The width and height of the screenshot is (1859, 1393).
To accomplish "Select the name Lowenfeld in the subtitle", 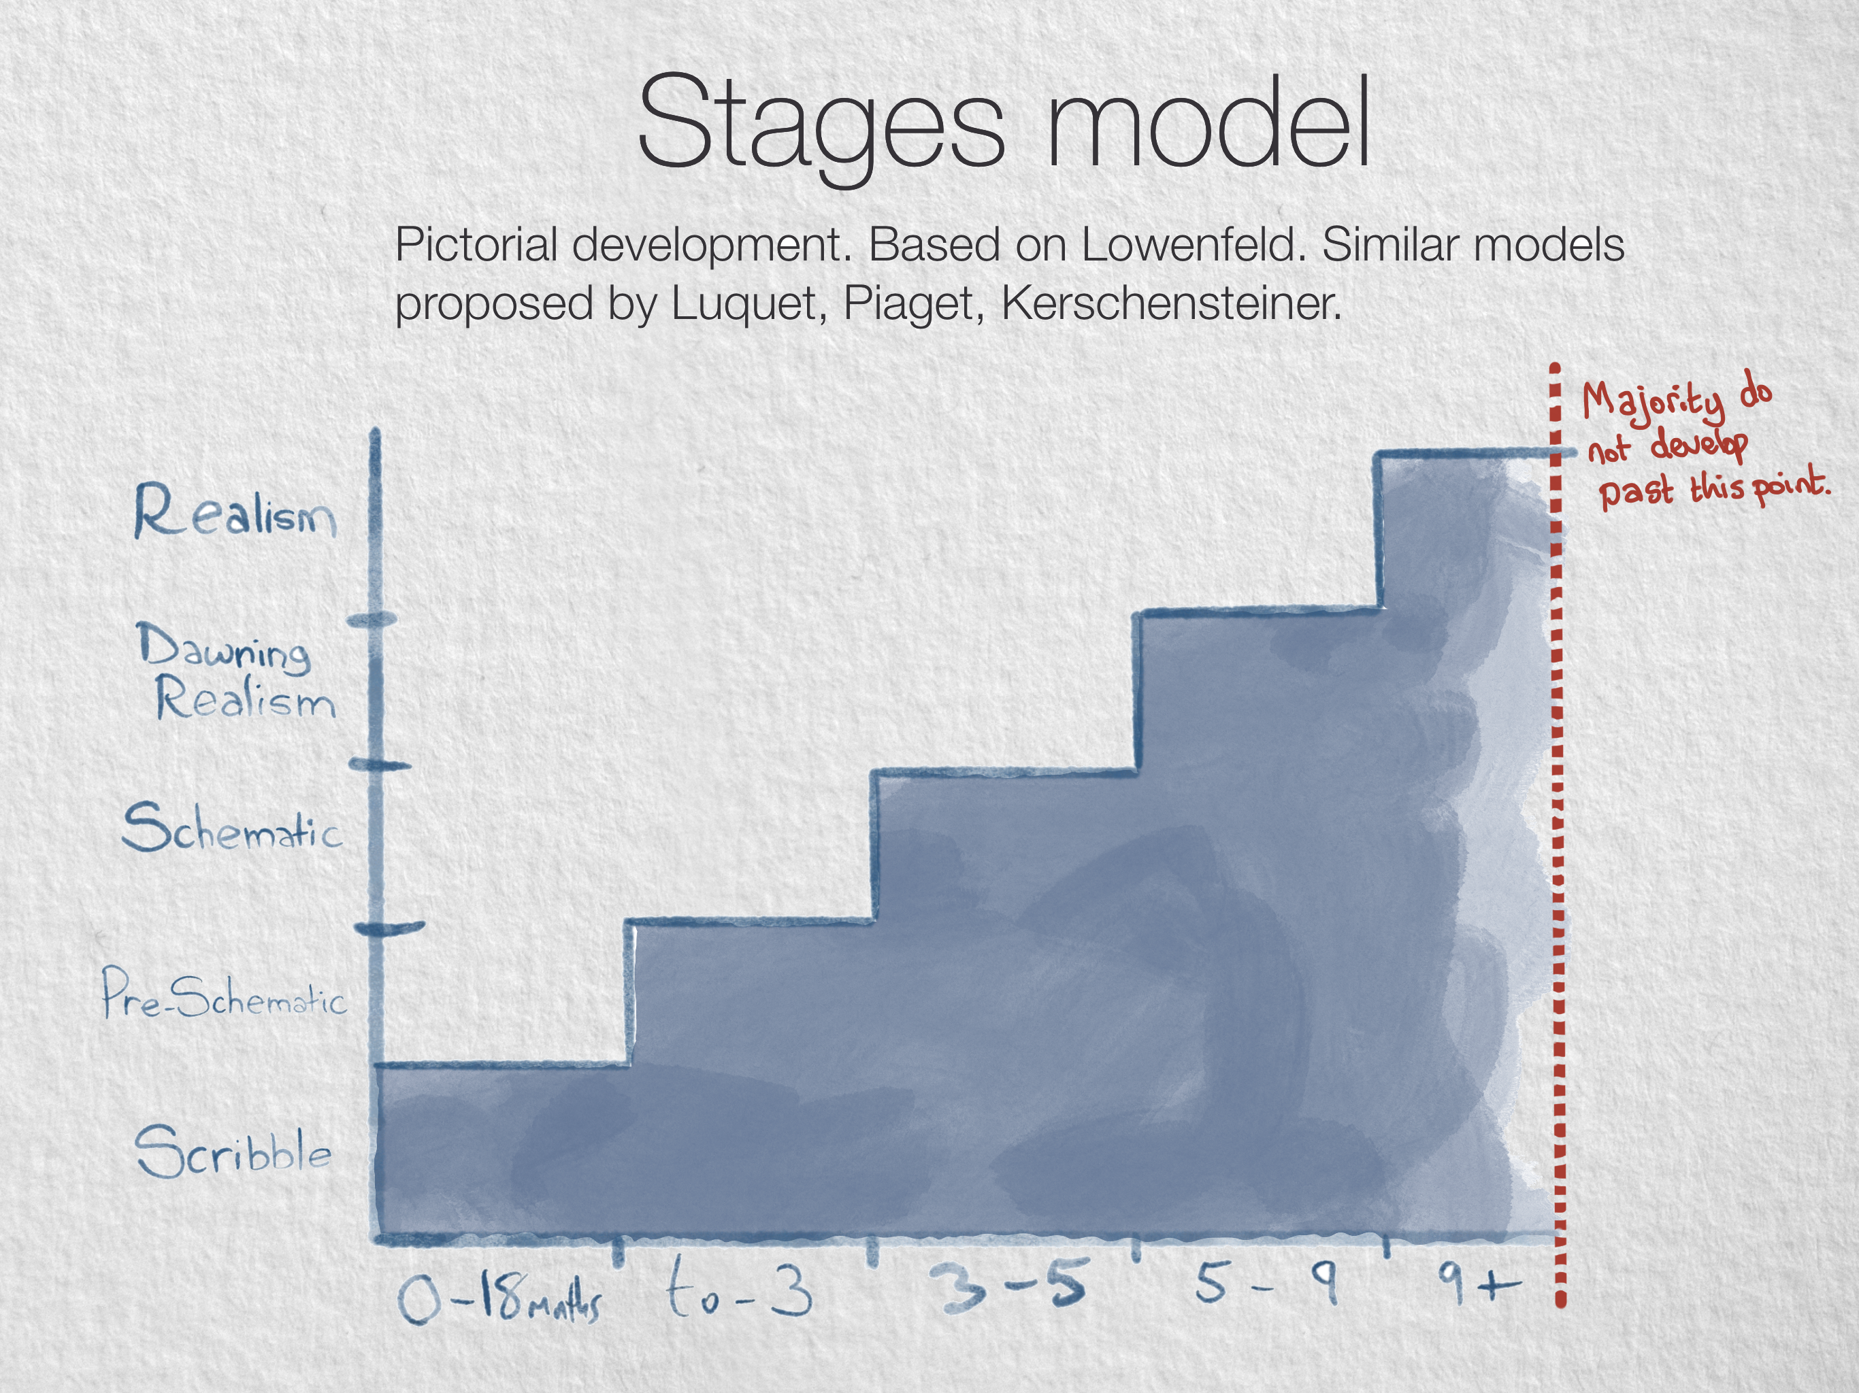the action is [x=1194, y=246].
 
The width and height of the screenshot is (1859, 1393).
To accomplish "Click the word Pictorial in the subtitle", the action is [x=476, y=246].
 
